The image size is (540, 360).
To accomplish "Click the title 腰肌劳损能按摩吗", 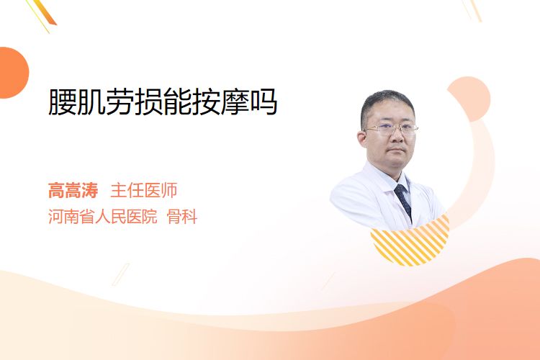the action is click(163, 102).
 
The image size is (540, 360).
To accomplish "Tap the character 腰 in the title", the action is click(63, 102).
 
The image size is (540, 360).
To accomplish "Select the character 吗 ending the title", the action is click(264, 102).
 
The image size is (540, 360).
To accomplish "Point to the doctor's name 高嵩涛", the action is click(73, 191).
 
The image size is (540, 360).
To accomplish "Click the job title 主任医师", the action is click(143, 191).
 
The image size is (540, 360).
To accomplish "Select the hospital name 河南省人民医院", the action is click(103, 217).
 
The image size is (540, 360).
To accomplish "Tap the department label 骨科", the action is click(182, 217).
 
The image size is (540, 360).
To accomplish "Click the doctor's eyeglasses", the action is click(391, 130).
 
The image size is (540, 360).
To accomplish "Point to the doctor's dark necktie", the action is click(403, 201).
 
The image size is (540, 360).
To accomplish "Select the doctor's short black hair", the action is click(387, 104).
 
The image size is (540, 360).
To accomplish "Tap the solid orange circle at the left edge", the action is click(13, 73).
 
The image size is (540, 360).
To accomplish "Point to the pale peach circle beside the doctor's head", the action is click(469, 99).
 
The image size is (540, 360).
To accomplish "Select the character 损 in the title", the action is click(148, 102).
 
